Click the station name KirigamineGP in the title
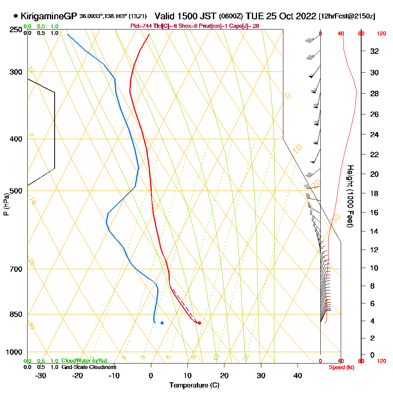[x=48, y=16]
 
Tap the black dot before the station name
[x=15, y=16]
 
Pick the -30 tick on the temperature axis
[x=41, y=375]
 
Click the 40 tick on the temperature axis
[x=298, y=375]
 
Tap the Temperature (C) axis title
[x=194, y=385]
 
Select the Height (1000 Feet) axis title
[x=349, y=196]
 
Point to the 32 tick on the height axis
[x=374, y=51]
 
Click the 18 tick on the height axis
[x=374, y=193]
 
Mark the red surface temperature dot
[x=200, y=323]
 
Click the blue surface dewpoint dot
[x=162, y=323]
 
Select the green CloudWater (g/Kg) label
[x=84, y=360]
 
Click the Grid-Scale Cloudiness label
[x=89, y=367]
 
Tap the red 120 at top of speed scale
[x=381, y=33]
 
